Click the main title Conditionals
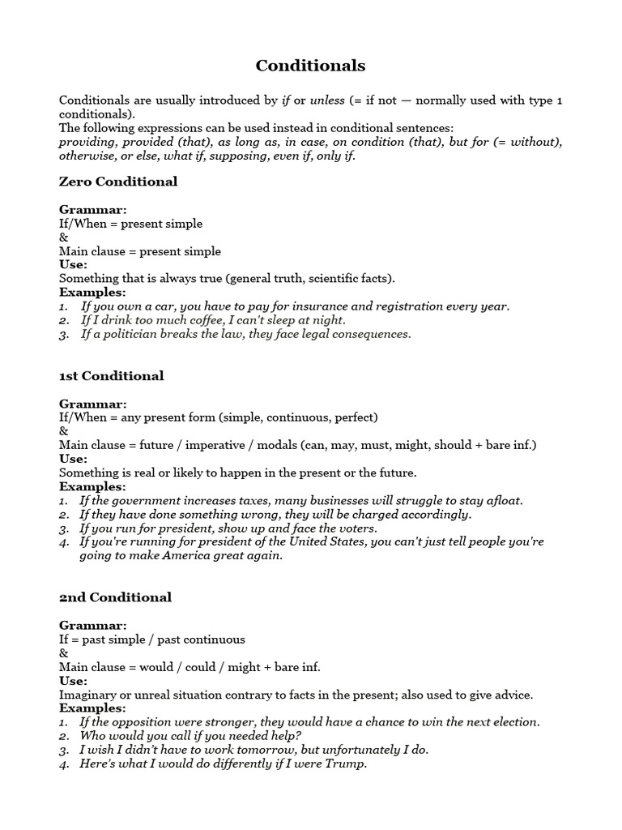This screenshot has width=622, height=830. [310, 66]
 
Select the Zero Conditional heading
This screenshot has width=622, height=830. [117, 182]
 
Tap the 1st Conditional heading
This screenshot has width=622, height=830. [111, 376]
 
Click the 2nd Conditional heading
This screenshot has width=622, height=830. [115, 597]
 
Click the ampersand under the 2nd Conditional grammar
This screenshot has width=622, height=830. [64, 653]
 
